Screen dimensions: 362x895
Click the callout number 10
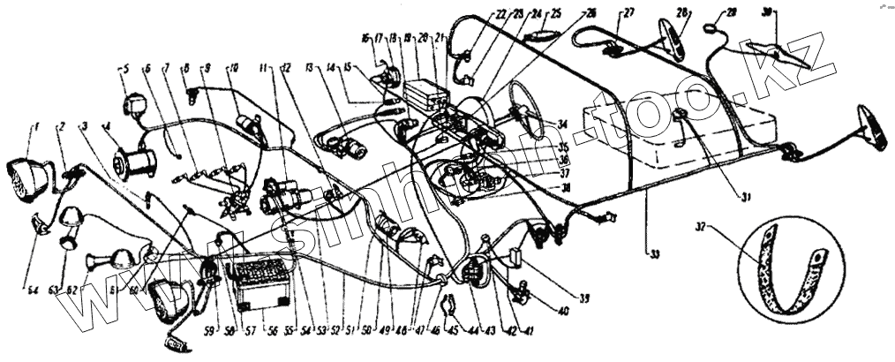point(234,66)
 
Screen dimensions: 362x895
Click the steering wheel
point(528,113)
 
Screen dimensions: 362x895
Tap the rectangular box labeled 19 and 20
point(425,93)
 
